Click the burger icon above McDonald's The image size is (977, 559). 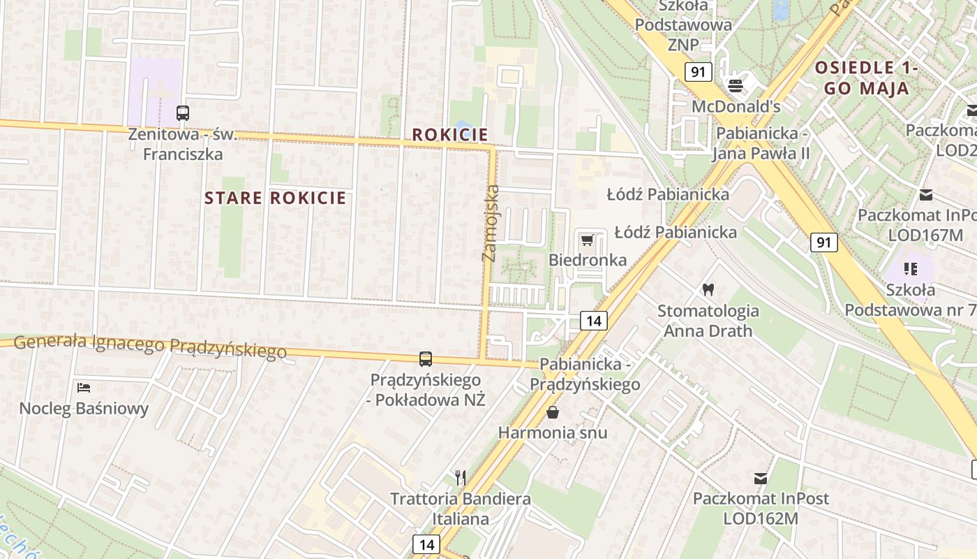[x=736, y=86]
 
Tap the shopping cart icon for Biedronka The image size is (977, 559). [x=587, y=240]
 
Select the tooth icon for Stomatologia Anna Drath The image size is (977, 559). [x=708, y=289]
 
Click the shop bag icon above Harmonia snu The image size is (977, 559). [x=553, y=412]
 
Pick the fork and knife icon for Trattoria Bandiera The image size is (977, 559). [x=460, y=478]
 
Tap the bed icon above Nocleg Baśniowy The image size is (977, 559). [x=84, y=388]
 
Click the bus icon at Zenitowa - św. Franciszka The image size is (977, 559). [x=183, y=112]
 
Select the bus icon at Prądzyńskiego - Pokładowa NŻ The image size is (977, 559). [x=425, y=359]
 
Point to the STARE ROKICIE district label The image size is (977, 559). [x=275, y=198]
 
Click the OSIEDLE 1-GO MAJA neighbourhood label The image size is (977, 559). [x=865, y=78]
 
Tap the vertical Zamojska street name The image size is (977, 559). [x=491, y=224]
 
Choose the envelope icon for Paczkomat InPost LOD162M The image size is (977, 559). [x=761, y=479]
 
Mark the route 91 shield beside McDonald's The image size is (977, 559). [x=698, y=71]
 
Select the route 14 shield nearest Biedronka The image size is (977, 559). [x=594, y=321]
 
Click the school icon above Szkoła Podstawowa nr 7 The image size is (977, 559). [x=910, y=268]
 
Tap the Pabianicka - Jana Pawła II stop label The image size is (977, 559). [x=761, y=143]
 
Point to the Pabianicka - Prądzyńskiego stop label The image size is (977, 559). [x=585, y=375]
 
